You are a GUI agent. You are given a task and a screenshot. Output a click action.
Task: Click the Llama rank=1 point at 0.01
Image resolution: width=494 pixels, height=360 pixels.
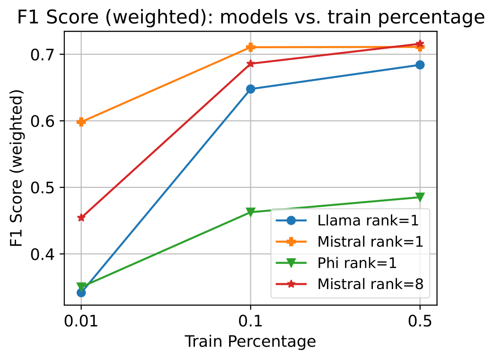point(81,293)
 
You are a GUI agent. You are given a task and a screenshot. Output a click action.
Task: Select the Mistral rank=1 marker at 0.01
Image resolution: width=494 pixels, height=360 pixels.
point(81,122)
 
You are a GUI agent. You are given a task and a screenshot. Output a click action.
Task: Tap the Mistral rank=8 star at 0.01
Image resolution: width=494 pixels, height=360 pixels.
point(81,218)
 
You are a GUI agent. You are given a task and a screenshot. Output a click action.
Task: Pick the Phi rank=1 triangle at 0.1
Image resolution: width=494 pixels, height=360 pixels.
point(251,212)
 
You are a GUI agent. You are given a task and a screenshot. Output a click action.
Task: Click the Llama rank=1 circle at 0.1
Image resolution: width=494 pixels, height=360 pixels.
point(251,89)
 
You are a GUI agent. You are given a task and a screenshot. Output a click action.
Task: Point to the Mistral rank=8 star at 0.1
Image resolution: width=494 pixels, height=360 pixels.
point(251,63)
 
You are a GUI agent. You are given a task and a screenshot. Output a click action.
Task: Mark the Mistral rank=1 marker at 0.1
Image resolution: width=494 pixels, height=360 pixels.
point(251,47)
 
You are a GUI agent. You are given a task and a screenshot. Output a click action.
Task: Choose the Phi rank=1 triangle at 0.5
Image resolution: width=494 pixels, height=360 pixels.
point(420,197)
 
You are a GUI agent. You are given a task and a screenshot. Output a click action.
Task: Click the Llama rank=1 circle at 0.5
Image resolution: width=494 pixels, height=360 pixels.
point(420,65)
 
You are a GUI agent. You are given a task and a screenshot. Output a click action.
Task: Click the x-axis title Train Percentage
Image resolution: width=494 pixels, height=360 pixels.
point(250,342)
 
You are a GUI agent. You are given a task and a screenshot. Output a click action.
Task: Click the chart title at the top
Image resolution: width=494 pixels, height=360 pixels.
point(251,18)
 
